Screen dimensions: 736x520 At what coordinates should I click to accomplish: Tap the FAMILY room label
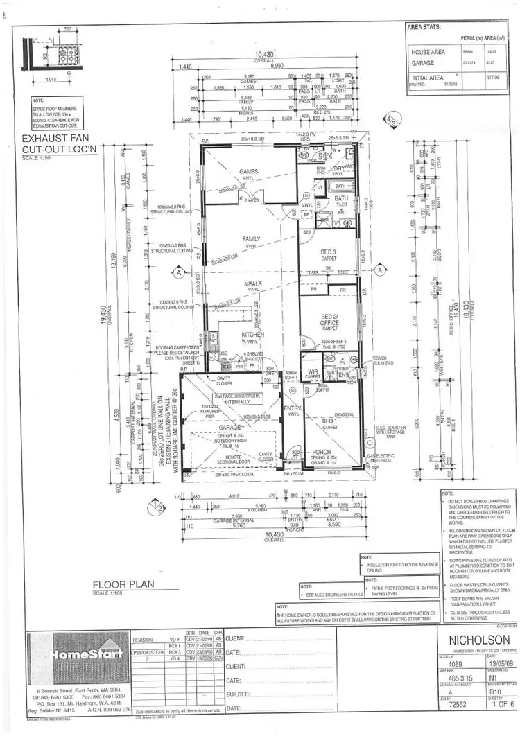coord(251,240)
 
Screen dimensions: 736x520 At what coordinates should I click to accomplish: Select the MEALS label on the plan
coord(252,284)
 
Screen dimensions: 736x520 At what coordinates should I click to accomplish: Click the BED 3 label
coord(327,252)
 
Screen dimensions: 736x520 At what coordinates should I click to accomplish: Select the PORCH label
coord(322,452)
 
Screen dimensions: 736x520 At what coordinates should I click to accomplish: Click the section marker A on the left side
coord(178,273)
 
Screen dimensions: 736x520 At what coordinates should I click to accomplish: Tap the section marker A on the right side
coord(379,273)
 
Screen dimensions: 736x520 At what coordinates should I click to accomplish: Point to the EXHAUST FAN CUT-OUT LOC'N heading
coord(58,144)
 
